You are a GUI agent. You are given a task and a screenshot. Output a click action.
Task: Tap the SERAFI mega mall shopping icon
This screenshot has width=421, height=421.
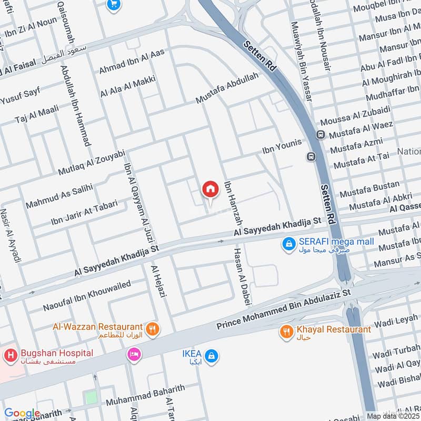pyautogui.click(x=288, y=244)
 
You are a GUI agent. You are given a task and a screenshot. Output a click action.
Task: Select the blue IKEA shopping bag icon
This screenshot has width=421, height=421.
pyautogui.click(x=212, y=356)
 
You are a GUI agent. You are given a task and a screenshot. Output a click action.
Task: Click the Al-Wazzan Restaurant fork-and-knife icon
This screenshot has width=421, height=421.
pyautogui.click(x=153, y=329)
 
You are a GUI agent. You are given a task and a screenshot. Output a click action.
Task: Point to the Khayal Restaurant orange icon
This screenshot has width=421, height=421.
pyautogui.click(x=287, y=332)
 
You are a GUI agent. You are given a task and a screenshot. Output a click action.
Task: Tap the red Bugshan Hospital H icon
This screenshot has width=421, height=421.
pyautogui.click(x=10, y=356)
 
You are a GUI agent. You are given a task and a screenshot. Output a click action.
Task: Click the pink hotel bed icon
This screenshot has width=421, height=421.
pyautogui.click(x=134, y=355)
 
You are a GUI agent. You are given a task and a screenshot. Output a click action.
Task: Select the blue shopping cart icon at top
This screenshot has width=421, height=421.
pyautogui.click(x=113, y=5)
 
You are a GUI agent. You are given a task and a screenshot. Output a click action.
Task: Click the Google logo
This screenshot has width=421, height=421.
pyautogui.click(x=22, y=413)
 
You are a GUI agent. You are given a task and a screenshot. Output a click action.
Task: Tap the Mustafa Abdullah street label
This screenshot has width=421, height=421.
pyautogui.click(x=227, y=88)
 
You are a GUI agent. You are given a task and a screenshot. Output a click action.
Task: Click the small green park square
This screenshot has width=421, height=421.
pyautogui.click(x=92, y=397)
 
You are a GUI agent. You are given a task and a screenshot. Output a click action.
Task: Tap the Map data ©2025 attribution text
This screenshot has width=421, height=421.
pyautogui.click(x=393, y=416)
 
